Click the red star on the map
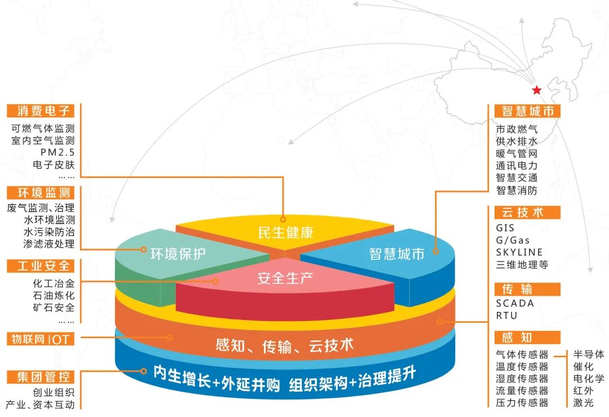coord(536,90)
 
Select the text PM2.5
coord(58,152)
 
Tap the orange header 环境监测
coord(41,193)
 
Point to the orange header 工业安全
coord(41,265)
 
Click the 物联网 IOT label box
coord(41,339)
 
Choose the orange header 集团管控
coord(41,376)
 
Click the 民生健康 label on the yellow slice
coord(285,232)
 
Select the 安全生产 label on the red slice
coord(285,278)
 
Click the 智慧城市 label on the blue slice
coord(396,254)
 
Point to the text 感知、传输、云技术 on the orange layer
coord(285,345)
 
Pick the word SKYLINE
coord(519,252)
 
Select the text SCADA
coord(515,303)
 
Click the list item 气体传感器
coord(522,354)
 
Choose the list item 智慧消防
coord(517,190)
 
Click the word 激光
coord(583,402)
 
